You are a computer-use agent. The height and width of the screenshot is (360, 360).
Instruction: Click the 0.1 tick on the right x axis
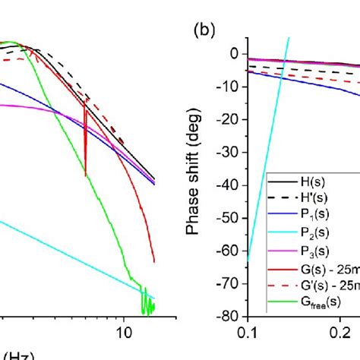tap(248, 332)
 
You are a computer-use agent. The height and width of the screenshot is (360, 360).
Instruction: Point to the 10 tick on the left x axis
tap(122, 332)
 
